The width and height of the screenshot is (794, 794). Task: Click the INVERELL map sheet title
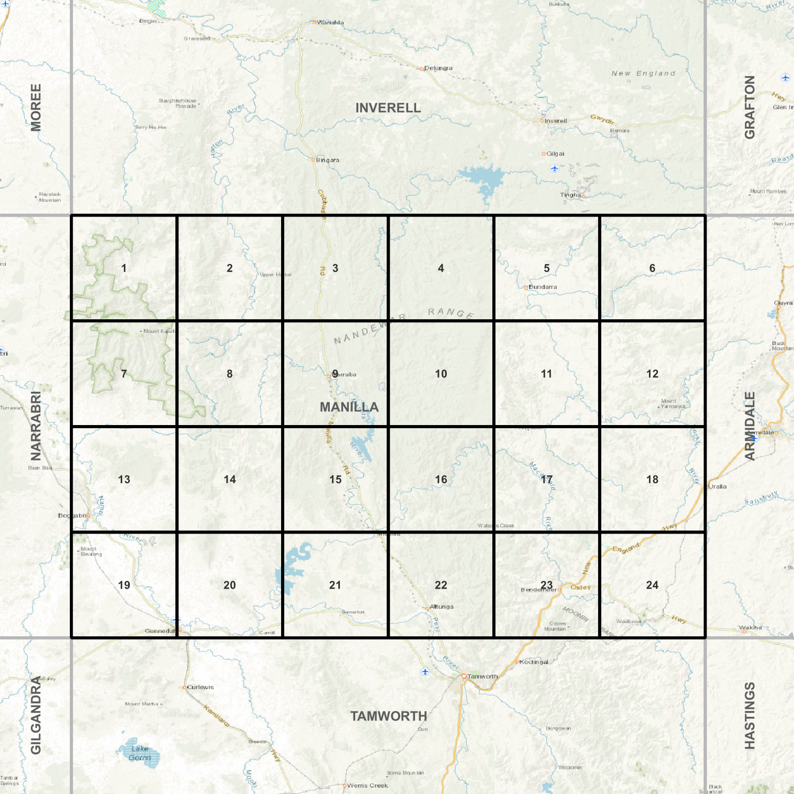click(388, 108)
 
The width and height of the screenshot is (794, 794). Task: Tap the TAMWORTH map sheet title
click(389, 716)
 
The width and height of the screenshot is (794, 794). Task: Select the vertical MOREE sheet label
click(35, 107)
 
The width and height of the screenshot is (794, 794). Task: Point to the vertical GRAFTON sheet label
click(750, 107)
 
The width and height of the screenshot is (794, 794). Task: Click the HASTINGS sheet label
click(750, 716)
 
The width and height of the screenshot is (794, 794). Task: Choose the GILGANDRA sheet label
click(35, 716)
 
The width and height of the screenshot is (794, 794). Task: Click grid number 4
click(440, 268)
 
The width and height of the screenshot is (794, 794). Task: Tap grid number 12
click(652, 374)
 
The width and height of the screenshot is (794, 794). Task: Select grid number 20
click(229, 585)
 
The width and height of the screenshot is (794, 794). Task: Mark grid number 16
click(440, 480)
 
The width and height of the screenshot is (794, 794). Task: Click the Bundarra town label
click(543, 287)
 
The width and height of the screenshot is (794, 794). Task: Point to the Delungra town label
click(438, 68)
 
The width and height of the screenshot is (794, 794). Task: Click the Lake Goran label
click(140, 753)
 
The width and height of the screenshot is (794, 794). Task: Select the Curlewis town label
click(200, 687)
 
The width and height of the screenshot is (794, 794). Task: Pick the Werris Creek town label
click(367, 786)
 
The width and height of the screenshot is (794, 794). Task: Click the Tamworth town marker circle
click(464, 676)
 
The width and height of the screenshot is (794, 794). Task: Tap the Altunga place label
click(441, 607)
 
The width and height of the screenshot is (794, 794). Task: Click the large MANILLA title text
click(349, 407)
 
